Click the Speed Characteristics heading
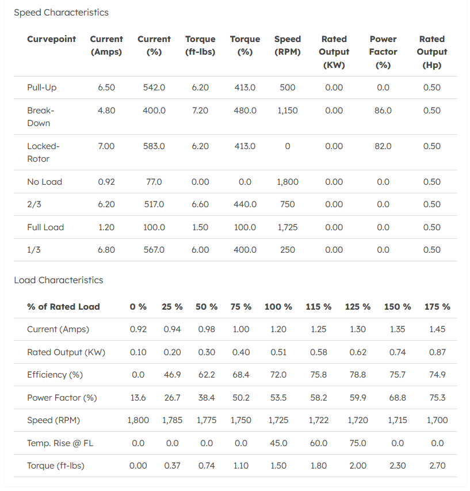[x=61, y=12]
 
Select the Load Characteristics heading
[x=59, y=280]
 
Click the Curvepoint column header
[x=51, y=39]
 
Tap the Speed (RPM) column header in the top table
[x=287, y=45]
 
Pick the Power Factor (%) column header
[x=383, y=52]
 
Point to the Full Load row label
[x=45, y=227]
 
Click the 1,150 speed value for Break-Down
[x=287, y=111]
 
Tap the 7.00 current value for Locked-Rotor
[x=106, y=146]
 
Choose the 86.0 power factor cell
[x=383, y=111]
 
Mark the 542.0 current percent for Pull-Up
[x=154, y=87]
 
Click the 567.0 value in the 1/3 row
[x=154, y=250]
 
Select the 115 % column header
[x=318, y=307]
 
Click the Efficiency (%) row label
[x=55, y=375]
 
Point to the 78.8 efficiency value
[x=358, y=375]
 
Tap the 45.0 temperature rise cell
[x=278, y=443]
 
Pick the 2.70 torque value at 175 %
[x=437, y=466]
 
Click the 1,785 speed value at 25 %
[x=172, y=420]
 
